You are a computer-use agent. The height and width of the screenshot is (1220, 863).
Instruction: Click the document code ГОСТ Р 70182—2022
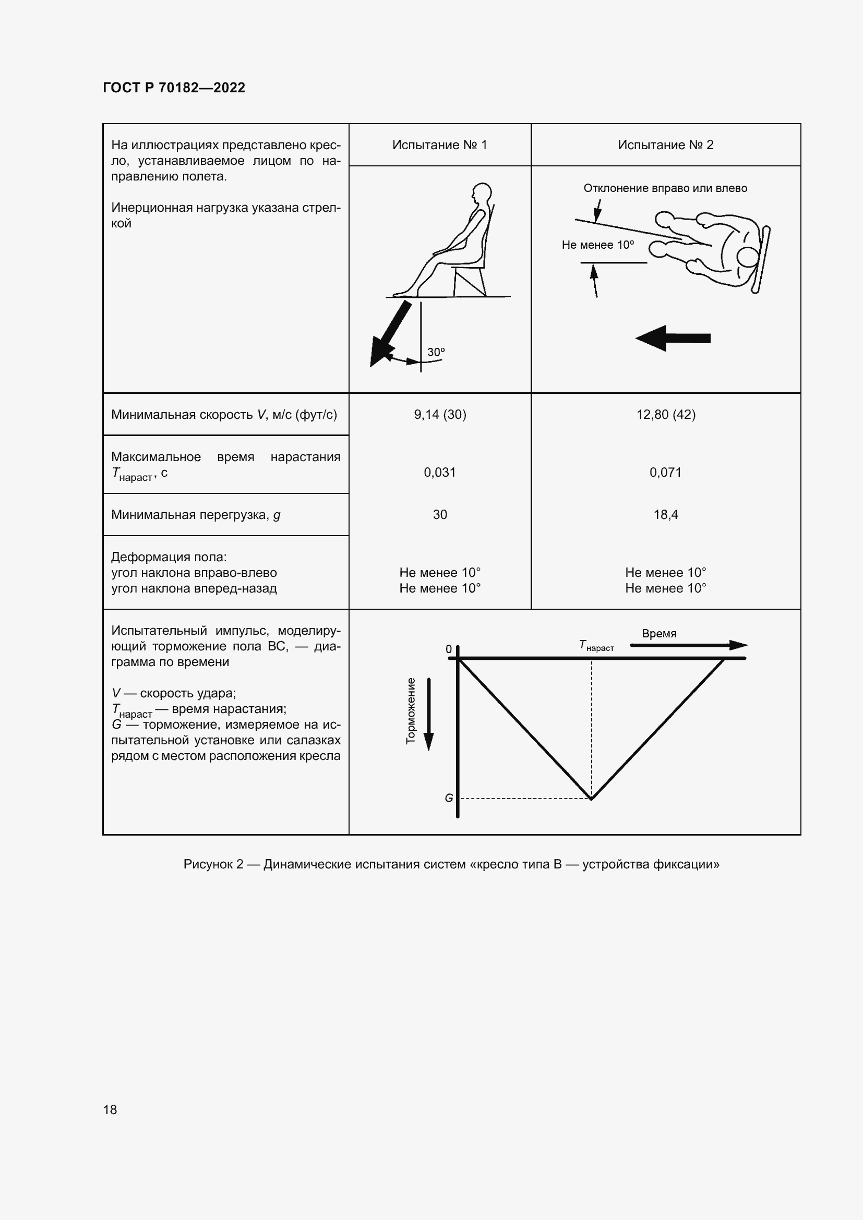point(174,88)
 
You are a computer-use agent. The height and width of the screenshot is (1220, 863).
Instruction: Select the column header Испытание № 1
point(439,145)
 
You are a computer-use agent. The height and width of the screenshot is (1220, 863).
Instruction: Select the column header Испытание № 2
point(665,145)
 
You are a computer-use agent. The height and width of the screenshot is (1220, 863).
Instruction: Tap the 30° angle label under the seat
point(436,352)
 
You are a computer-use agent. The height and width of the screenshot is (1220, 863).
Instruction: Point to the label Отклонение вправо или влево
point(665,188)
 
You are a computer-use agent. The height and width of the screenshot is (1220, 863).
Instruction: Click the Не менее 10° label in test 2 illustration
point(597,245)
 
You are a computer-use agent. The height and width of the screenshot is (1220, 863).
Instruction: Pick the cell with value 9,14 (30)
point(439,415)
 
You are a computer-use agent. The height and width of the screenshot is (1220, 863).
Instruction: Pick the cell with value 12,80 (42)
point(665,415)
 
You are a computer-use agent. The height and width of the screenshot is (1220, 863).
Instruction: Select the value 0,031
point(439,473)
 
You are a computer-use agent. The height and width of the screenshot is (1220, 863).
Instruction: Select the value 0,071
point(665,473)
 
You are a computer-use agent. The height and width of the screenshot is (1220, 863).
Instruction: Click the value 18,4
point(665,514)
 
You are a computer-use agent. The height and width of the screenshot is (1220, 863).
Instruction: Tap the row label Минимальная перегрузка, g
point(196,515)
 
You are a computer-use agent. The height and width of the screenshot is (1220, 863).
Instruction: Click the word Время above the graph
point(658,633)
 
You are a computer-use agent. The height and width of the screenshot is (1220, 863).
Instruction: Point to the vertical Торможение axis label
point(410,711)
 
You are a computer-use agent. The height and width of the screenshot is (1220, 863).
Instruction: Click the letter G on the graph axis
point(449,798)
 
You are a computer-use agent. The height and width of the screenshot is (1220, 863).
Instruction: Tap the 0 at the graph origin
point(449,649)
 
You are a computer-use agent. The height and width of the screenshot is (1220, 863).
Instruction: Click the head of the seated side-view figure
point(482,192)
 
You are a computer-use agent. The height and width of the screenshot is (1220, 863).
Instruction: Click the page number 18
point(110,1109)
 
